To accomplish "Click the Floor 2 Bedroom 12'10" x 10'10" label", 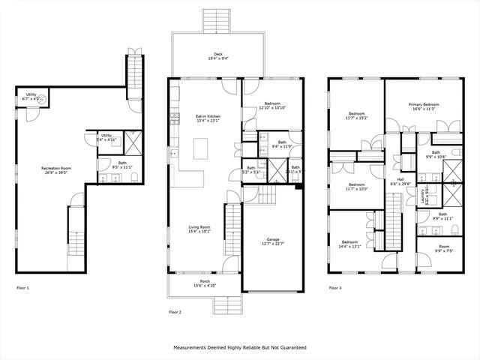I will pos(271,106).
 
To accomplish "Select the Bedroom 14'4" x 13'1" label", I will pos(350,244).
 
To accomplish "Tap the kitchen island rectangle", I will pos(200,149).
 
